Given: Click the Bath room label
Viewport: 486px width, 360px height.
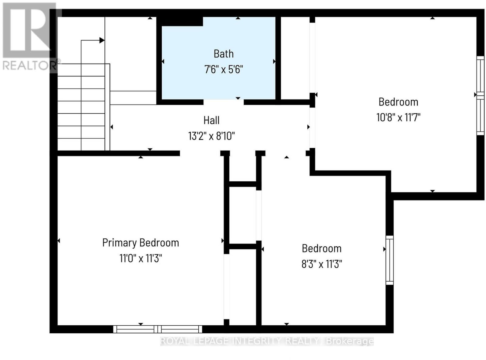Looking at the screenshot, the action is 223,54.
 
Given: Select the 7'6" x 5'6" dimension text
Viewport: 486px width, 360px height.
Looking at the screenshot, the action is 224,70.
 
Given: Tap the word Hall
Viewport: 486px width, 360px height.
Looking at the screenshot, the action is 211,120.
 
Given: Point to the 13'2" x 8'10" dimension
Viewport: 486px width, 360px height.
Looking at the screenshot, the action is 211,136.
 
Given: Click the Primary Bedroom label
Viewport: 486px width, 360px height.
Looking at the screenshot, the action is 140,243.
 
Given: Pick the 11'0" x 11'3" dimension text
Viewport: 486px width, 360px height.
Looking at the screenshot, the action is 140,258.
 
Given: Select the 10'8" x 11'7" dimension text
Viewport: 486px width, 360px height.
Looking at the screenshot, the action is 398,117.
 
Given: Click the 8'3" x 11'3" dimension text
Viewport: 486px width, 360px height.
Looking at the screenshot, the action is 321,264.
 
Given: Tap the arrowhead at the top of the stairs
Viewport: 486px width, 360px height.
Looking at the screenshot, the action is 102,40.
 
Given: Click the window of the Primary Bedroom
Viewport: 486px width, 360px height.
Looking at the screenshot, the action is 158,329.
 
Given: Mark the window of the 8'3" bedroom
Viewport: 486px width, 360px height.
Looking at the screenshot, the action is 389,260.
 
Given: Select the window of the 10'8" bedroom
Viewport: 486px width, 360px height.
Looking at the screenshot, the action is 480,96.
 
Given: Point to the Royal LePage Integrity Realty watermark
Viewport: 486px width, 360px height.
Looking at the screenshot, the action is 267,341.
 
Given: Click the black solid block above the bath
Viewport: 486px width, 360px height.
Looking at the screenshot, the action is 180,22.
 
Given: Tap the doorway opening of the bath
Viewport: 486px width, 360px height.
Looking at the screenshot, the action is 224,102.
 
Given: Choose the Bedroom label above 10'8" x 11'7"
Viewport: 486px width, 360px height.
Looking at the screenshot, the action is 398,102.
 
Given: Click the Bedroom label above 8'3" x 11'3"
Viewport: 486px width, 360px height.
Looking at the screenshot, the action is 321,249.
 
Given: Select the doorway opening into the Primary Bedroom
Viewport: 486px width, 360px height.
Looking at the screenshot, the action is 200,153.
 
